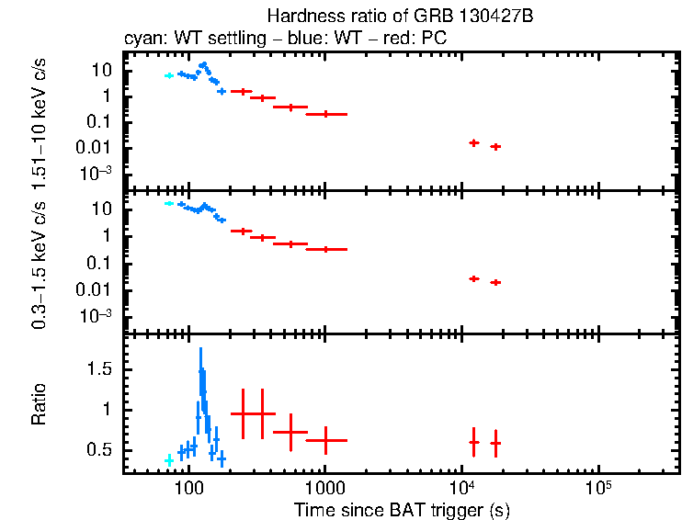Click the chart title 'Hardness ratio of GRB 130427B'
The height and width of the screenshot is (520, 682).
(x=402, y=17)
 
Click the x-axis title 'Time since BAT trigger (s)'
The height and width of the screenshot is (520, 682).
(x=402, y=509)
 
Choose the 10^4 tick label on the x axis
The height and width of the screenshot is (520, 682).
(x=461, y=485)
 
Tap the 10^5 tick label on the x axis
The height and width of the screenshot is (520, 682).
(x=597, y=485)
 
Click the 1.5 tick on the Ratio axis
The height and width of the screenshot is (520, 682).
(x=101, y=368)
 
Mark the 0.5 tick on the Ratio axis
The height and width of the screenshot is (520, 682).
(x=101, y=450)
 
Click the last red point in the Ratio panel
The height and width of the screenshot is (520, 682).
(x=495, y=443)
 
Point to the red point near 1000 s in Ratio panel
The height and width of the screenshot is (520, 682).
(x=325, y=440)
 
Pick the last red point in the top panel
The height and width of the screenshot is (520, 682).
(x=495, y=146)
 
